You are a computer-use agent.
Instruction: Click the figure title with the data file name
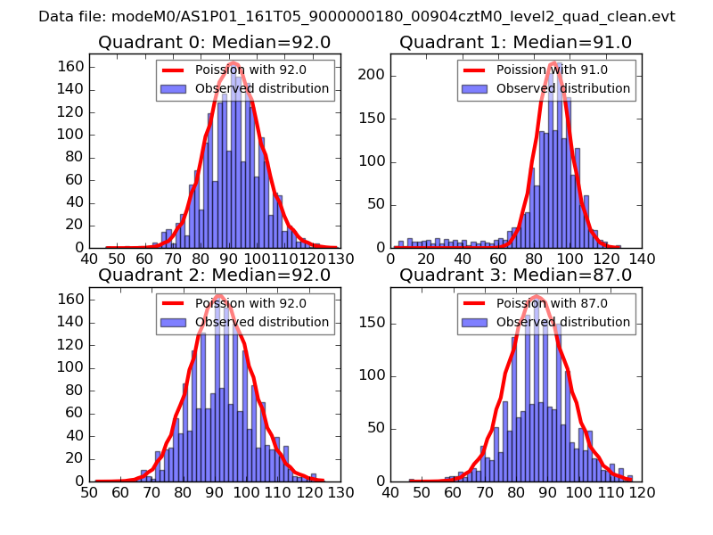tap(356, 17)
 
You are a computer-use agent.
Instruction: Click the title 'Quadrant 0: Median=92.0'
tap(214, 42)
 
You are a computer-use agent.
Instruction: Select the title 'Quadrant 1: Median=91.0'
tap(515, 42)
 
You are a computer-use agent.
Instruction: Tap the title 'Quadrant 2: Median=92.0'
tap(214, 275)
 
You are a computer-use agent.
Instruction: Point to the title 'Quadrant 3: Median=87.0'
tap(515, 275)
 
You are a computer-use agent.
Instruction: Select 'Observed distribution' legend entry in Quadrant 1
tap(563, 88)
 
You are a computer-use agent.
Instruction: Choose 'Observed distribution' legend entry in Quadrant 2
tap(262, 322)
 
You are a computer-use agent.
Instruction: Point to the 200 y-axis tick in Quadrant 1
tap(375, 75)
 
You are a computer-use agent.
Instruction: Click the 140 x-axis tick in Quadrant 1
tap(642, 259)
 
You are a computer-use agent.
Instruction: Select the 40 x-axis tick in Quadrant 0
tap(90, 259)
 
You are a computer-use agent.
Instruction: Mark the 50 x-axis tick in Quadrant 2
tap(90, 491)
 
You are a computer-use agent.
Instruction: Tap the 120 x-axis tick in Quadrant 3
tap(642, 491)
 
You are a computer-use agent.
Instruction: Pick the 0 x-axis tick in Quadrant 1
tap(391, 259)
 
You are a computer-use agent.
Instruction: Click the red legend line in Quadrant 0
tap(175, 70)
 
